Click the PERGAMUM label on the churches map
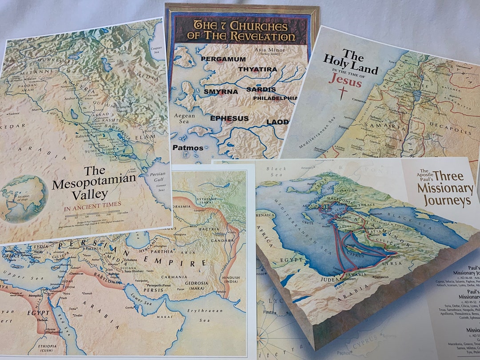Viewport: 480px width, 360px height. click(223, 59)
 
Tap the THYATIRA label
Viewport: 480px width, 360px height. click(257, 69)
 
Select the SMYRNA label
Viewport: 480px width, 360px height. click(218, 92)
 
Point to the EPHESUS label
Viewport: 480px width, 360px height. click(229, 119)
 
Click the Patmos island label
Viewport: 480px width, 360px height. click(188, 148)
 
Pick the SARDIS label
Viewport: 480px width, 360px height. click(261, 89)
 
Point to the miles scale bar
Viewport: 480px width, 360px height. click(89, 216)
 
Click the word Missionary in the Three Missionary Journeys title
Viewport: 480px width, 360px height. click(445, 188)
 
